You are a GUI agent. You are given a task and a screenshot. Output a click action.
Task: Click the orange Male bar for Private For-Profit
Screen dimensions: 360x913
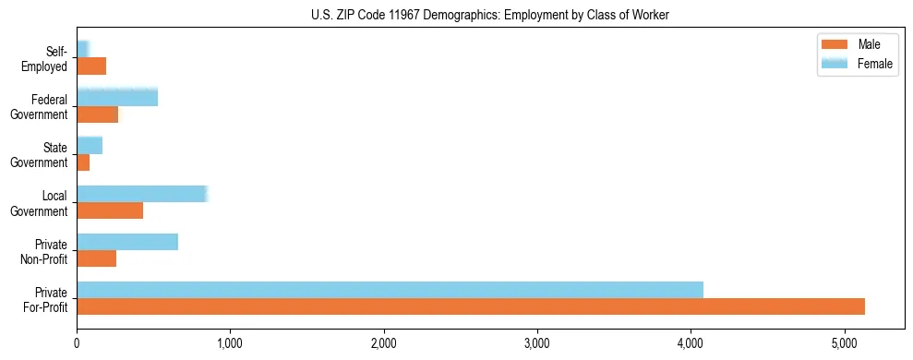point(471,306)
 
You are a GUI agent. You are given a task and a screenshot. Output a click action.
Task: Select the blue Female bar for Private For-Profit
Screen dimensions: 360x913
point(390,290)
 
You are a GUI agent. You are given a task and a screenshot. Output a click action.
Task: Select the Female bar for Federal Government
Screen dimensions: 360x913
point(117,98)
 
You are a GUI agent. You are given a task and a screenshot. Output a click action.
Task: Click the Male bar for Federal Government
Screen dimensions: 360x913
point(98,114)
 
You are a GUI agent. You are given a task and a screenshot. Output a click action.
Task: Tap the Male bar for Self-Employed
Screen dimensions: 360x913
point(91,66)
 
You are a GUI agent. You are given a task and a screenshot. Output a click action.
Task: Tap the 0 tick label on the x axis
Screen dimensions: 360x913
point(77,343)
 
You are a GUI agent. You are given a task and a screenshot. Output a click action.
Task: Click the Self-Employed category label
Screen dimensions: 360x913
point(46,59)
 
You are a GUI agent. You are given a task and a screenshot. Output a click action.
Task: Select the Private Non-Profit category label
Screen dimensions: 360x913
point(46,251)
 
